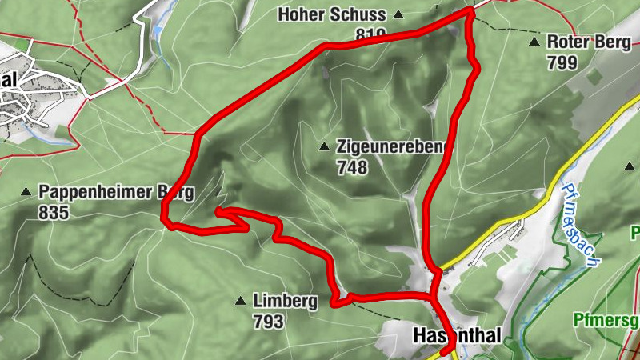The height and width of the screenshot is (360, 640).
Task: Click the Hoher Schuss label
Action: pyautogui.click(x=331, y=14)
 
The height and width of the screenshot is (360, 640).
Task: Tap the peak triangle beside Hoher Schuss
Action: pyautogui.click(x=398, y=15)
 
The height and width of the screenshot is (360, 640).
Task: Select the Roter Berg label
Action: pyautogui.click(x=589, y=42)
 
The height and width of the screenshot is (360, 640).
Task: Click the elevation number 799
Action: pyautogui.click(x=563, y=62)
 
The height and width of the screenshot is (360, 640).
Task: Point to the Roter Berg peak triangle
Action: pyautogui.click(x=534, y=42)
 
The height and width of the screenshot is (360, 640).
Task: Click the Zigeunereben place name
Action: pyautogui.click(x=390, y=147)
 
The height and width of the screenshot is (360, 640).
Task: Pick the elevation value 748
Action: pyautogui.click(x=352, y=167)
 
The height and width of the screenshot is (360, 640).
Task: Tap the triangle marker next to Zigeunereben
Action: pyautogui.click(x=324, y=147)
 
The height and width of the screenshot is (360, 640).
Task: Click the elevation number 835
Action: pyautogui.click(x=54, y=213)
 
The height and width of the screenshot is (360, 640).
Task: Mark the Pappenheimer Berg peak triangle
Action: pyautogui.click(x=26, y=192)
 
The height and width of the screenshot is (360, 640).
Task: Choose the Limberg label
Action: pyautogui.click(x=285, y=302)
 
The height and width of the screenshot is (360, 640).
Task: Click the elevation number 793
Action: pyautogui.click(x=268, y=322)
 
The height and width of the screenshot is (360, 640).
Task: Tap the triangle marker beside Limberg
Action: pyautogui.click(x=240, y=302)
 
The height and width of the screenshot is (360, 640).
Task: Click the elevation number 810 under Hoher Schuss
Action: pyautogui.click(x=372, y=34)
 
